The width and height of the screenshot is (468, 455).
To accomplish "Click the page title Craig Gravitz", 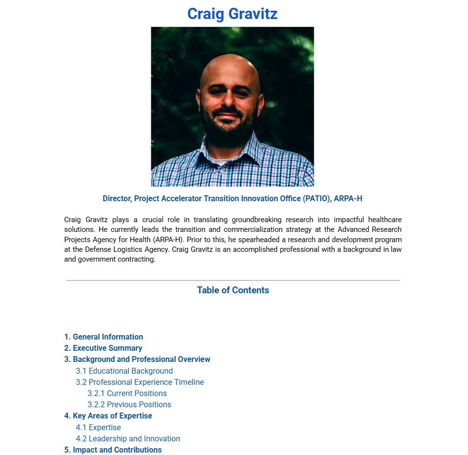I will (232, 14).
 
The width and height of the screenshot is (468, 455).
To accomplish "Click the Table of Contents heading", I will (233, 290).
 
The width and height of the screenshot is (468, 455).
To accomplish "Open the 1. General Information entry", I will (103, 337).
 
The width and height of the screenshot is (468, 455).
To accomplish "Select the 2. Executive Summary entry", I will (103, 348).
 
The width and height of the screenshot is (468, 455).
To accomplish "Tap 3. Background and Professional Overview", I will (137, 359).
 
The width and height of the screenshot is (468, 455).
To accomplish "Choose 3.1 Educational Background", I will (124, 371).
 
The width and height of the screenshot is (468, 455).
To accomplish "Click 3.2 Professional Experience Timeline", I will (140, 382).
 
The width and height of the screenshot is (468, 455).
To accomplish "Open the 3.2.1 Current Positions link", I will (127, 393).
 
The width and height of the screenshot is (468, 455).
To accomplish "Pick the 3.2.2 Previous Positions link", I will (129, 404).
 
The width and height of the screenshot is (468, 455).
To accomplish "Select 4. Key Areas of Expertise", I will (108, 416).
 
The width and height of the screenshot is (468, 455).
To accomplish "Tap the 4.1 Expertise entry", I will (98, 427).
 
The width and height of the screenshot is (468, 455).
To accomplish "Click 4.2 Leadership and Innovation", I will (128, 438).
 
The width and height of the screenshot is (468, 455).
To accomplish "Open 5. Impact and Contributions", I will (113, 450).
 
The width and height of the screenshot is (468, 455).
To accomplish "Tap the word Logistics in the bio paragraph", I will (132, 249).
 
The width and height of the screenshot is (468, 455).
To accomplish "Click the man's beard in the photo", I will (229, 132).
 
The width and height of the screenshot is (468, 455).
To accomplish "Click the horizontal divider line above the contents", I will (233, 280).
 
